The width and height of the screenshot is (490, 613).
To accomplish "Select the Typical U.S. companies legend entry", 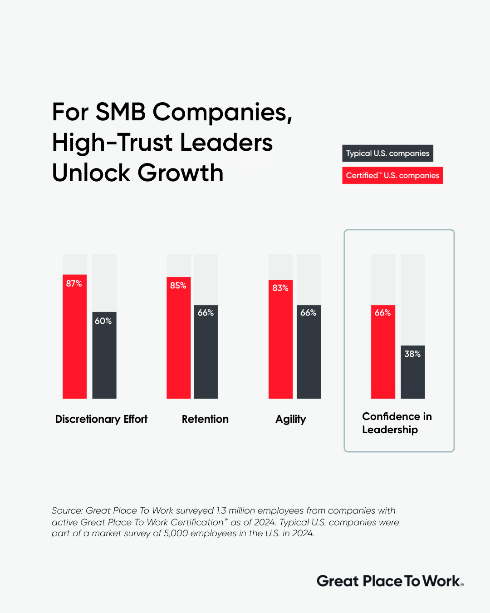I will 387,153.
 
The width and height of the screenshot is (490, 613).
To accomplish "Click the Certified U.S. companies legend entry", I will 392,175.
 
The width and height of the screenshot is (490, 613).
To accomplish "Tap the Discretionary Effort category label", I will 101,419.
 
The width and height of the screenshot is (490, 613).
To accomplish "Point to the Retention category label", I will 205,419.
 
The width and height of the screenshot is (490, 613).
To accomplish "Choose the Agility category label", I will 291,420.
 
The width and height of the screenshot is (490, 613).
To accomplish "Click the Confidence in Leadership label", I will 397,423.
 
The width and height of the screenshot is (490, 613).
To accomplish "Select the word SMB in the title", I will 121,112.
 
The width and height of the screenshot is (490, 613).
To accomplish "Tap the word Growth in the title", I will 181,173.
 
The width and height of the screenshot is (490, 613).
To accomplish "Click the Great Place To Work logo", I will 390,581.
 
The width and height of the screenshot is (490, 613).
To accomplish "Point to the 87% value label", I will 74,284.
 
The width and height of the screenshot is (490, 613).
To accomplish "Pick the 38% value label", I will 412,354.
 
